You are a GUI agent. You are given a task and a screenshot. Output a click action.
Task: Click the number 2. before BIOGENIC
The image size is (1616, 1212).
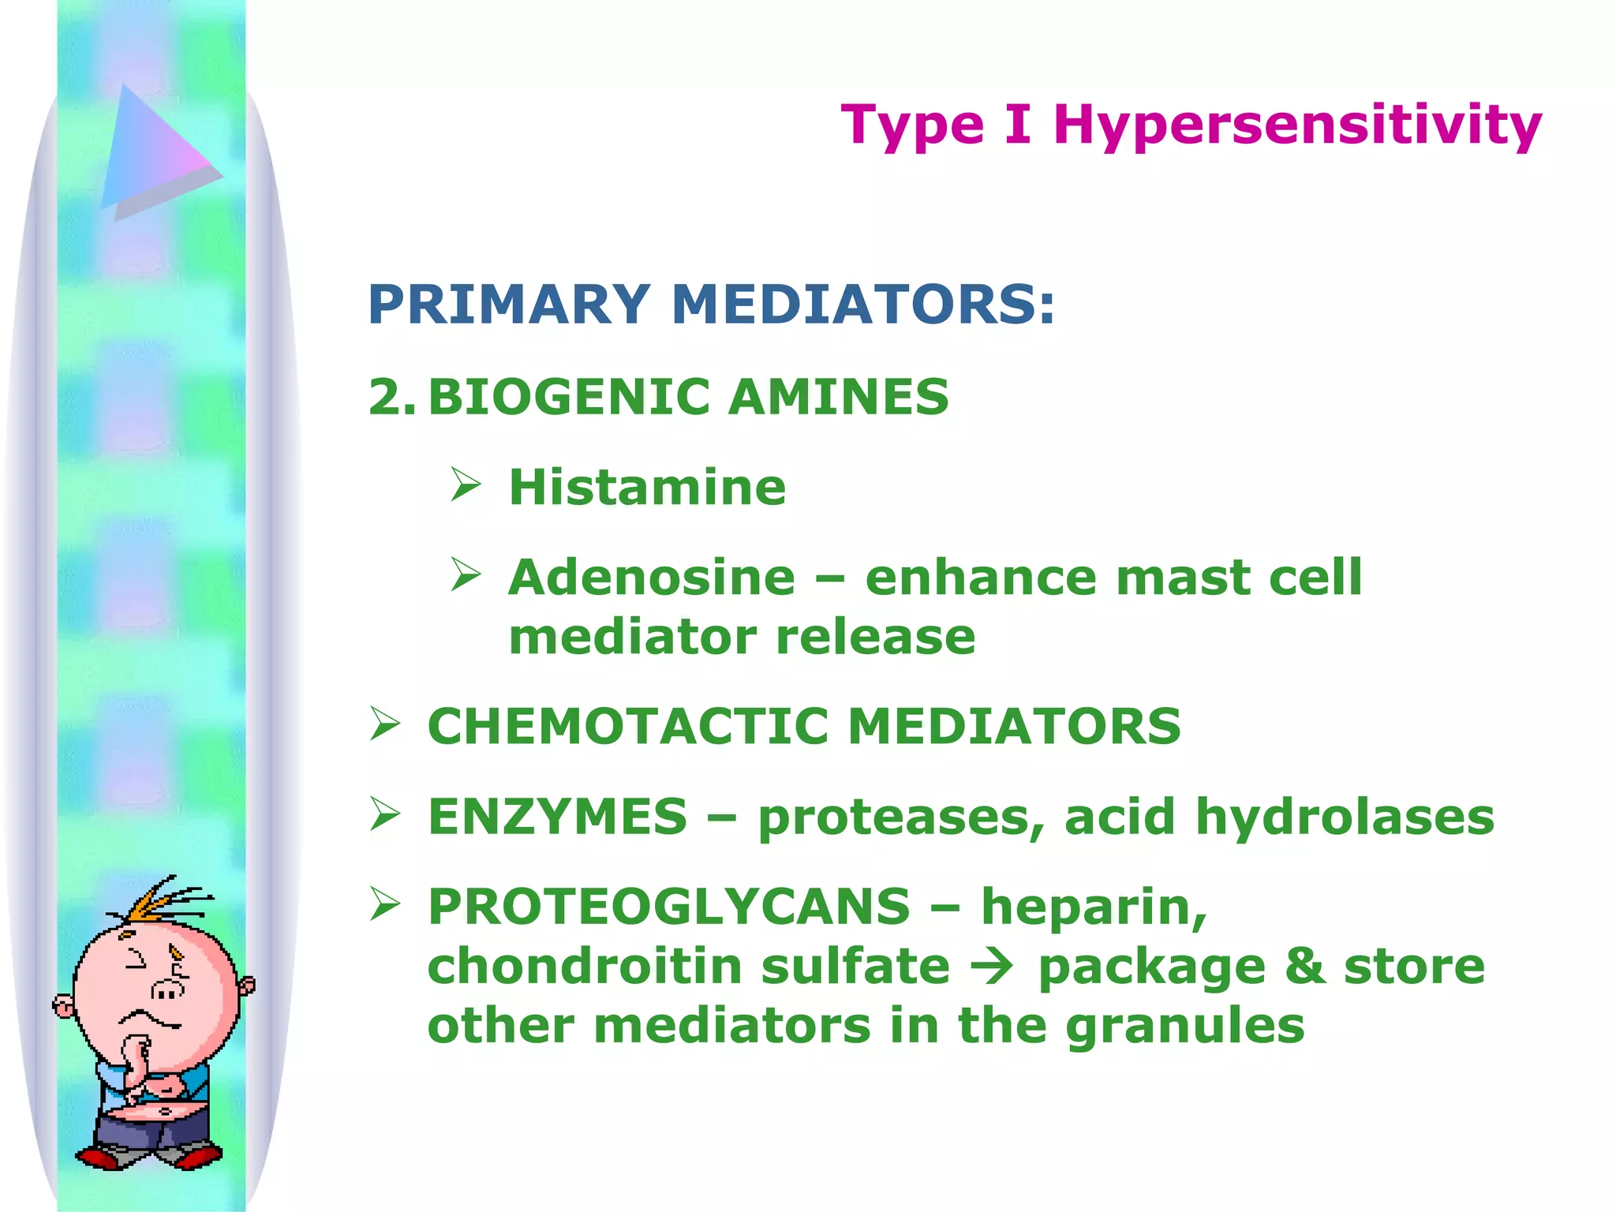pyautogui.click(x=391, y=396)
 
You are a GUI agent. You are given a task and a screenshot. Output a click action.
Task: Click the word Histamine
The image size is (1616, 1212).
pyautogui.click(x=647, y=487)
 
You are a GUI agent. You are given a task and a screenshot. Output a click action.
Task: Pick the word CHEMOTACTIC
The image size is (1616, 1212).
pyautogui.click(x=628, y=726)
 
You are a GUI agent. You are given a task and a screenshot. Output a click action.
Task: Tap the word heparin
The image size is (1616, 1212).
pyautogui.click(x=1093, y=907)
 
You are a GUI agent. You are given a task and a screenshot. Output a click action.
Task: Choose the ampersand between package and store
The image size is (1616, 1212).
pyautogui.click(x=1305, y=966)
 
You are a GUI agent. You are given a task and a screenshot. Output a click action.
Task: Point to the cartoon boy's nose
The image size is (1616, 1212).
pyautogui.click(x=168, y=989)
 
